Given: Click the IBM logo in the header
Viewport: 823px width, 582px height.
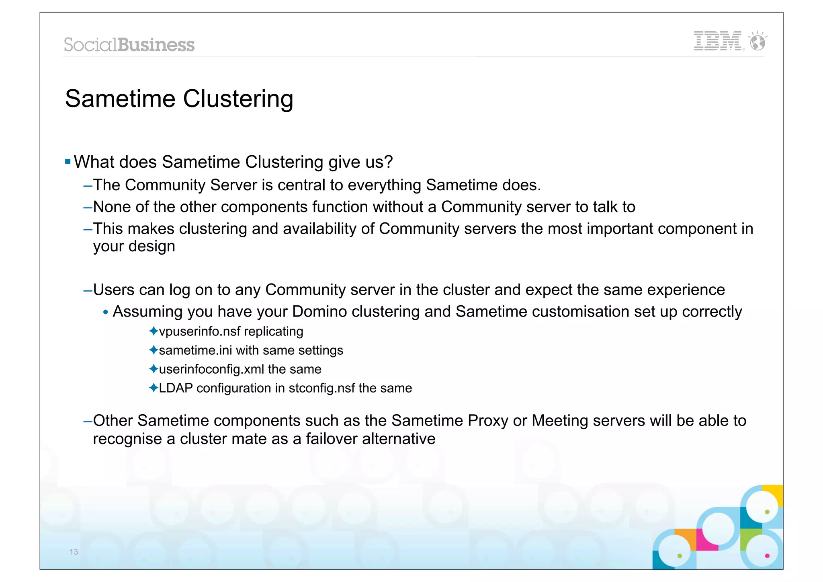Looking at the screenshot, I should click(718, 41).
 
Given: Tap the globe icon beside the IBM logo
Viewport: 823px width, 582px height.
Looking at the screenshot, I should click(758, 41).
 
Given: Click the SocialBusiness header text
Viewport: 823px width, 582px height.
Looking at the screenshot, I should click(129, 45).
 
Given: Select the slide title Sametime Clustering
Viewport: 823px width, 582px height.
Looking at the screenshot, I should click(179, 99).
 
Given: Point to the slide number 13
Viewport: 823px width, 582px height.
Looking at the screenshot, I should click(74, 552).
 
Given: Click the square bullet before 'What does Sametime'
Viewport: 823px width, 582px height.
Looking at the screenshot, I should click(68, 162).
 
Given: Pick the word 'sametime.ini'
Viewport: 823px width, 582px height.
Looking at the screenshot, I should click(195, 350).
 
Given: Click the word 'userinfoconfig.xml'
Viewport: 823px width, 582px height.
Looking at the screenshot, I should click(211, 369).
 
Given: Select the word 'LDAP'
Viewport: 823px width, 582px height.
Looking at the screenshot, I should click(176, 388).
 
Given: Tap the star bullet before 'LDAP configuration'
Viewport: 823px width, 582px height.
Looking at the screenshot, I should click(153, 388).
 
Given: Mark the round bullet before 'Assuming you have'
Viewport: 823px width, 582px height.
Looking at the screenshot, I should click(106, 312).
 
